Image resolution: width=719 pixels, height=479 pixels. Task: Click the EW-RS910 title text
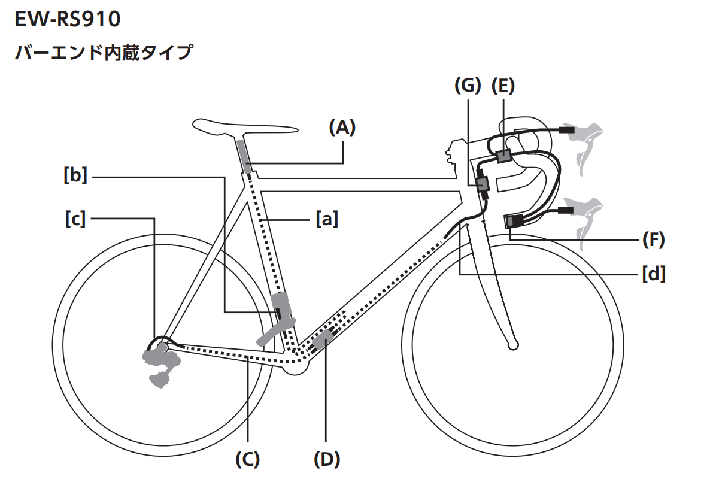pos(67,20)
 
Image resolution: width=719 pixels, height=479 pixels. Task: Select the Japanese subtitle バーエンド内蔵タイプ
pos(103,53)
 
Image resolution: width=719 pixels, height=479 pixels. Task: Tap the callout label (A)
pos(342,127)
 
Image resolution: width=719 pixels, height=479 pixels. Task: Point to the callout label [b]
pos(75,176)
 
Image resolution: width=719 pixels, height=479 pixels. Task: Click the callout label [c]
pos(75,219)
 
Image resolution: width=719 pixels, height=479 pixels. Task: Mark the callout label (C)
pos(247,459)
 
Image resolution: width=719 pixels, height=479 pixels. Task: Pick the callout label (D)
pos(327,459)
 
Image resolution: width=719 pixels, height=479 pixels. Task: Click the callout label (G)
pos(468,86)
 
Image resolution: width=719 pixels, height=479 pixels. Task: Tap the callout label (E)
pos(503,86)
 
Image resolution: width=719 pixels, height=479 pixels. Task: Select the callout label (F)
pos(654,239)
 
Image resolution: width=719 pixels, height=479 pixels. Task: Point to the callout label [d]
pos(654,274)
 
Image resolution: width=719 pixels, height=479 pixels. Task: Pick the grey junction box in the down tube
pos(323,340)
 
